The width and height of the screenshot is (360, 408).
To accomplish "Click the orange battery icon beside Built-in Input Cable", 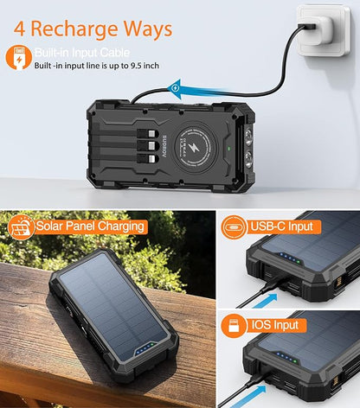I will point(17,57).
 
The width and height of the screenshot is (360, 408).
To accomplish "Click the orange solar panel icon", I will point(20,227).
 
